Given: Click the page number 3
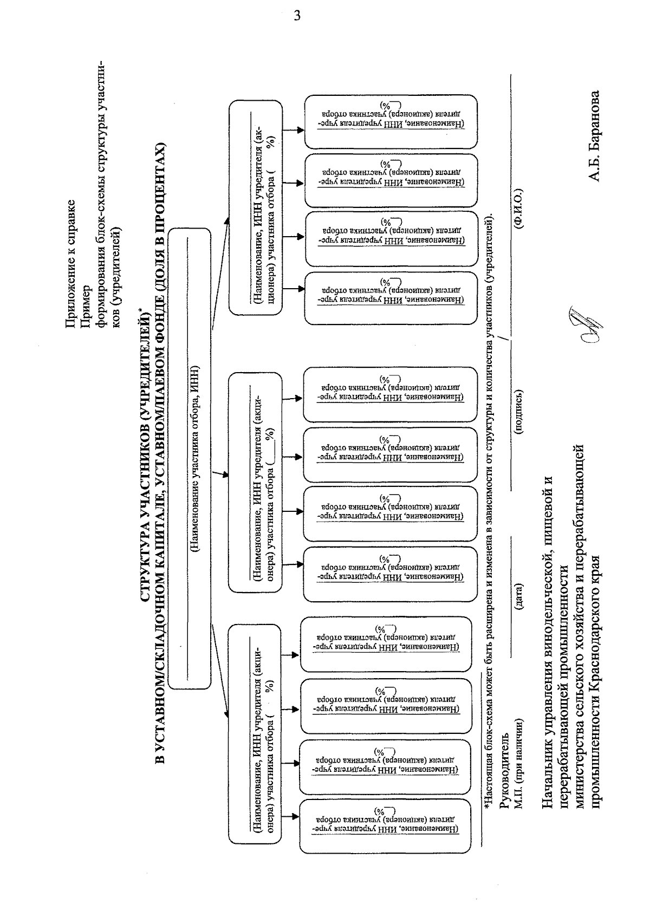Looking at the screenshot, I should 296,15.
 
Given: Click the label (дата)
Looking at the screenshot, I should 519,596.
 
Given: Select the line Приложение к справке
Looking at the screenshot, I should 70,264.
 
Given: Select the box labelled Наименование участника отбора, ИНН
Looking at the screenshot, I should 190,458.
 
